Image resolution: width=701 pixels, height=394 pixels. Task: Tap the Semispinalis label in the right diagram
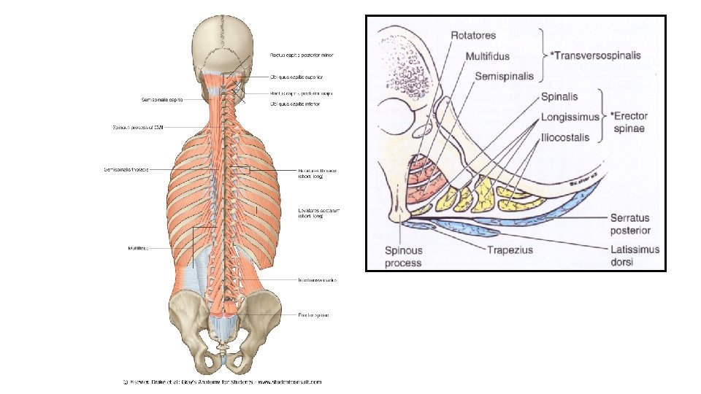pyautogui.click(x=505, y=76)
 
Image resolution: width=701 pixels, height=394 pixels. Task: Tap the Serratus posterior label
pyautogui.click(x=630, y=224)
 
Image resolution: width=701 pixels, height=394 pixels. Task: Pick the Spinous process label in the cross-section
pyautogui.click(x=404, y=255)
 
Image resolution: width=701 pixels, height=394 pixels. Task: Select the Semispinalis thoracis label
pyautogui.click(x=126, y=170)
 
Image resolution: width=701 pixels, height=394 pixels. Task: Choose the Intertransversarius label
pyautogui.click(x=317, y=279)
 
